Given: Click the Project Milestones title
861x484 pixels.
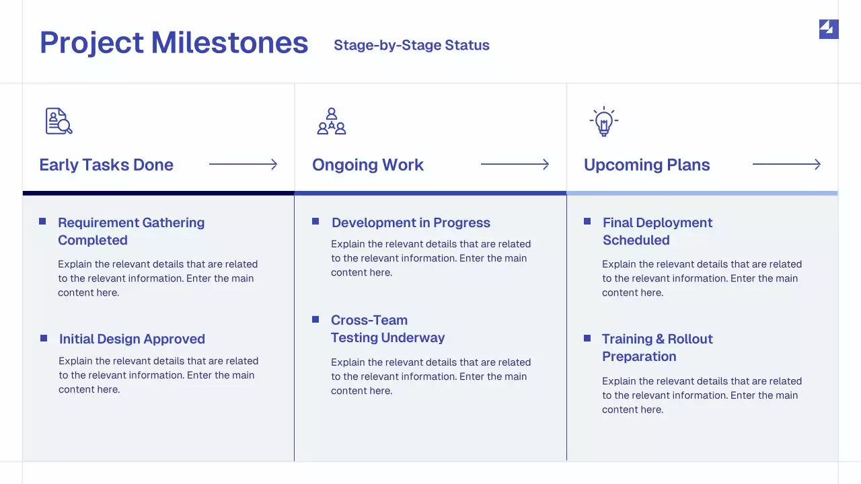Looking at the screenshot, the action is click(x=174, y=42).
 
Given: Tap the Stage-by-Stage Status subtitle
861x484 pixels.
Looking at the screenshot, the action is click(x=411, y=45).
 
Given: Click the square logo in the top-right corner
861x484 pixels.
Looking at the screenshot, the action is click(x=829, y=29).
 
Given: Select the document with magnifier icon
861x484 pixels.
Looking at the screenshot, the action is click(x=59, y=121).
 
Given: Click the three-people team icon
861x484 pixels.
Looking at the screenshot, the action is click(x=332, y=121).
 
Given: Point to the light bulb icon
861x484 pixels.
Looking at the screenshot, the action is click(x=604, y=121).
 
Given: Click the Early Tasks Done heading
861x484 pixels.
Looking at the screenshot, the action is click(x=106, y=165).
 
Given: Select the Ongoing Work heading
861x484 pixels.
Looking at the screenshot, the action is click(x=367, y=165).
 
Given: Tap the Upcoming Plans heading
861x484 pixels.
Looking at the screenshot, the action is click(x=646, y=165).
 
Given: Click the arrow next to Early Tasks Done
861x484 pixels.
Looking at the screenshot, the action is click(x=243, y=165).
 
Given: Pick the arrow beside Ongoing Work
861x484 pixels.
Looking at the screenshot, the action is click(x=515, y=165).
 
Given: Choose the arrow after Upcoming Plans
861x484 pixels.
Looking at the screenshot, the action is click(x=786, y=165).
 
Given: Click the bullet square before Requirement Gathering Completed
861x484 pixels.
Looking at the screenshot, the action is click(x=42, y=221).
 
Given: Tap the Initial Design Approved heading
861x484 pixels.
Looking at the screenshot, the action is click(x=132, y=339).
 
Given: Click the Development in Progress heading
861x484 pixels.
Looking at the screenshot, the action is click(x=411, y=223).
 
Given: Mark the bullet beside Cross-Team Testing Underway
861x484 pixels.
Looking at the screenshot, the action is click(x=315, y=319).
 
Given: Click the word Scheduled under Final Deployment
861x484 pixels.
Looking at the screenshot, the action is click(x=636, y=240).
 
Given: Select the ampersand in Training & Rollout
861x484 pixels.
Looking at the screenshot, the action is click(x=660, y=339).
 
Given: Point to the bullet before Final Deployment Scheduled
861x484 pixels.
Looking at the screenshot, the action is click(x=587, y=221).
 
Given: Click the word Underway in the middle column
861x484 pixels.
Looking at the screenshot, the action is click(x=414, y=337).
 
